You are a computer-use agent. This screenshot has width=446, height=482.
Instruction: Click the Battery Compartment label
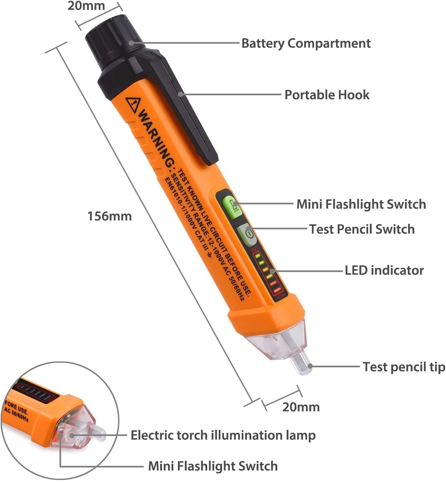click(x=306, y=43)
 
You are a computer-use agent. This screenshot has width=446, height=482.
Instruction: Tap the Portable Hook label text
click(x=327, y=95)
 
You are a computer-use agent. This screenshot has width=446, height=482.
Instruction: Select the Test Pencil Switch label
click(x=362, y=229)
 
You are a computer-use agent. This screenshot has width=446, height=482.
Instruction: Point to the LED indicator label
click(x=384, y=270)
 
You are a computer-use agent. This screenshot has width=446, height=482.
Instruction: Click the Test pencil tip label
click(x=404, y=367)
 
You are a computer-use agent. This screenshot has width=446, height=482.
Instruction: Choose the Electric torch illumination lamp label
click(x=223, y=435)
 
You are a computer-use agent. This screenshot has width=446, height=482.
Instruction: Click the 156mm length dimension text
click(x=110, y=217)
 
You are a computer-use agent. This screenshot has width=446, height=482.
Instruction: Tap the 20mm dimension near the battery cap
click(x=86, y=6)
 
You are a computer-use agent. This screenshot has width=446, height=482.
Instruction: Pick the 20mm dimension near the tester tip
click(x=301, y=407)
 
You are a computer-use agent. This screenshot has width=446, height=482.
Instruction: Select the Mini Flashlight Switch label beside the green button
click(x=361, y=204)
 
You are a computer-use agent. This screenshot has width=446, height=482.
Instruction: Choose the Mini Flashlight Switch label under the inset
click(x=213, y=466)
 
